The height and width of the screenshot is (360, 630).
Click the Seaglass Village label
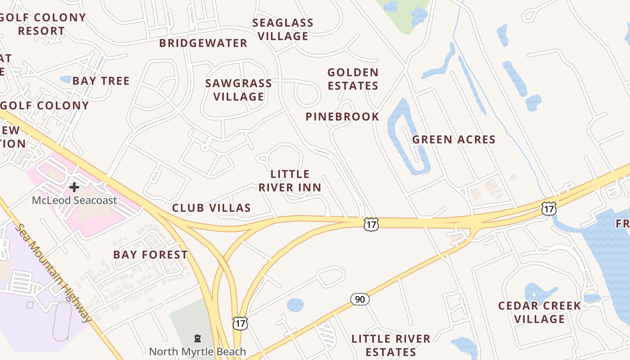click(283, 29)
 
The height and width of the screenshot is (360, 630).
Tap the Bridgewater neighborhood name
click(203, 43)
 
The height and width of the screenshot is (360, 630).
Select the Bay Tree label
click(101, 81)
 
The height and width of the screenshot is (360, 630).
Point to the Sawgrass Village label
click(238, 90)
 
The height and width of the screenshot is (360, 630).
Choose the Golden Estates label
click(353, 79)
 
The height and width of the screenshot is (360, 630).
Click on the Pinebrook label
click(342, 117)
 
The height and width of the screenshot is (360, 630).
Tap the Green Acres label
click(454, 139)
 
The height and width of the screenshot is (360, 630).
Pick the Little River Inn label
click(290, 180)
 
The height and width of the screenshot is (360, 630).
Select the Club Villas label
click(211, 208)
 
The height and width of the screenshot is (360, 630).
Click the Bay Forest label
click(150, 255)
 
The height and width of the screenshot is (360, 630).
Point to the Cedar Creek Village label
click(540, 312)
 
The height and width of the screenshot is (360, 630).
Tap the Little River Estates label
click(391, 345)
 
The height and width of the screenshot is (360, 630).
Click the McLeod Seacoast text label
click(74, 200)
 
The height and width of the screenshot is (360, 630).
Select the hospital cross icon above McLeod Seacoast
click(74, 187)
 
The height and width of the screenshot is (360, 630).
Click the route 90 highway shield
click(360, 299)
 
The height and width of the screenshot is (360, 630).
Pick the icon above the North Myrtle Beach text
click(197, 338)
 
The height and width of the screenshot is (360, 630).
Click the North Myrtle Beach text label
click(197, 351)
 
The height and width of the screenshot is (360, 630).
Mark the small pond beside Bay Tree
click(66, 80)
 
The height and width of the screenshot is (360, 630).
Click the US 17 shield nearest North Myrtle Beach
click(240, 323)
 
